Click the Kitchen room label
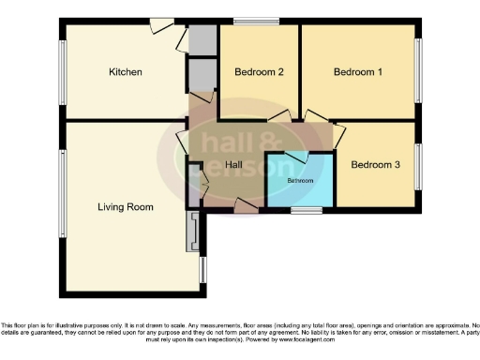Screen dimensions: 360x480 click(125, 72)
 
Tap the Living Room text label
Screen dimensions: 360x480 click(126, 206)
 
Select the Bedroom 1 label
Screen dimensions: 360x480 click(359, 72)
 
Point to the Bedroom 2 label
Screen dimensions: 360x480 click(258, 72)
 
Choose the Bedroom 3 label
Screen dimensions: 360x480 click(375, 165)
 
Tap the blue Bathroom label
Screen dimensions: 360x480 click(300, 179)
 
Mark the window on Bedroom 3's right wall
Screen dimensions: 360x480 click(419, 165)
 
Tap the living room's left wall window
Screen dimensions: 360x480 click(63, 192)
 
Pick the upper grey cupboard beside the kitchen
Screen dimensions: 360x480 click(201, 39)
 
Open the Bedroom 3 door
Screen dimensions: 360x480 click(338, 131)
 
